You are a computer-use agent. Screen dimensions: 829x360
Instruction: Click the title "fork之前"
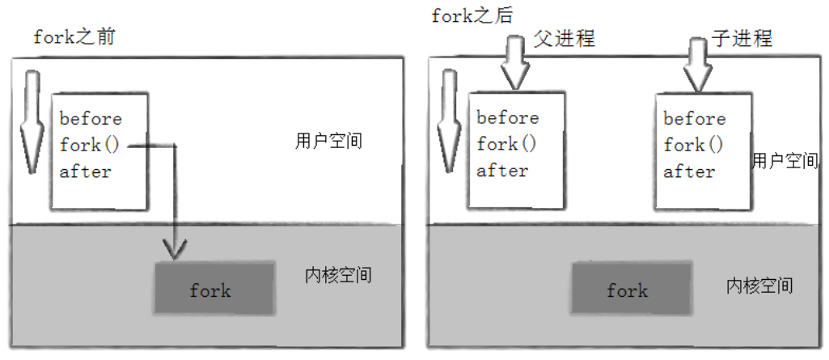point(74,37)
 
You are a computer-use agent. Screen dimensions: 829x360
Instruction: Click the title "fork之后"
point(472,15)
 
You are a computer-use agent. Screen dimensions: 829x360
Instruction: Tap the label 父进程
point(564,38)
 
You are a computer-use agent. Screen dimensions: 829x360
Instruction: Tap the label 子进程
point(741,38)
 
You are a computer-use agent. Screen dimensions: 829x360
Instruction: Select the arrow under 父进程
point(515,62)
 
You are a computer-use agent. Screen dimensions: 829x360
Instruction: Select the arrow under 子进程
point(698,63)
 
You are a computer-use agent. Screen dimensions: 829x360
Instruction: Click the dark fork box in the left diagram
point(214,288)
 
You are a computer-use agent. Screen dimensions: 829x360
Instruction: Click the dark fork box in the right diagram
point(632,288)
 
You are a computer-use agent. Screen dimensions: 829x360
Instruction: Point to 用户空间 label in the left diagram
point(329,141)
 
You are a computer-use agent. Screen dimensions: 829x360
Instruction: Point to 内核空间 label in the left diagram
point(338,275)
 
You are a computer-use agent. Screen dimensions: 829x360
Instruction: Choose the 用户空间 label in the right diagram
point(785,160)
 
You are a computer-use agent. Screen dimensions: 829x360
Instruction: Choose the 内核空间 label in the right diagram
point(759,286)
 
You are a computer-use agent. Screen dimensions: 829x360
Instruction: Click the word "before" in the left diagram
point(91,118)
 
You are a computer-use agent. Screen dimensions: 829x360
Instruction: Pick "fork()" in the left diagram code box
point(90,144)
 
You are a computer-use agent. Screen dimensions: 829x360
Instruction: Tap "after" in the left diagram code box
point(85,172)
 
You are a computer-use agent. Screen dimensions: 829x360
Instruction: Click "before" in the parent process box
point(508,117)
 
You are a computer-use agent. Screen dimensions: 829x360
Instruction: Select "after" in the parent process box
point(502,170)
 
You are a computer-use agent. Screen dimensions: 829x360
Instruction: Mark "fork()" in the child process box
point(694,144)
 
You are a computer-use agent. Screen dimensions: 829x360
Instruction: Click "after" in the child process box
point(689,172)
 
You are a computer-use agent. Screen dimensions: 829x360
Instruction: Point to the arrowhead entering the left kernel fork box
point(175,250)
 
